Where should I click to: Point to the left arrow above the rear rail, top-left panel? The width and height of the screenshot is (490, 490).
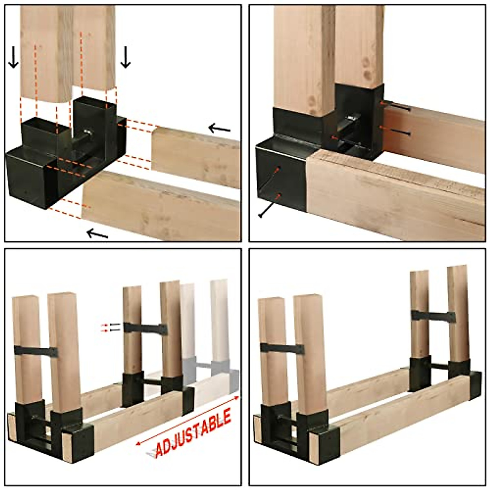click(220, 129)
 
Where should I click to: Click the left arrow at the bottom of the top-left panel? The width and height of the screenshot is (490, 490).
click(98, 234)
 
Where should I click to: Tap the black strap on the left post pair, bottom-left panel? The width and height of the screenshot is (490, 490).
click(36, 351)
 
